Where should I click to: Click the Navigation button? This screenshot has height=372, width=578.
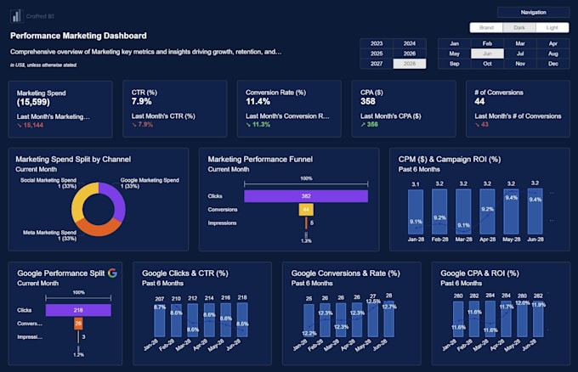(x=533, y=13)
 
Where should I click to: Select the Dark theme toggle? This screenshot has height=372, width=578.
(x=518, y=27)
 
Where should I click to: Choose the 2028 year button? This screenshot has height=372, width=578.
(x=410, y=64)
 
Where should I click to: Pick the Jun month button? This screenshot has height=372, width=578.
(x=486, y=54)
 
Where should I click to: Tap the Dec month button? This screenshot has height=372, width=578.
(x=553, y=64)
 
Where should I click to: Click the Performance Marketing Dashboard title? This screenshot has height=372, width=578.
(x=78, y=36)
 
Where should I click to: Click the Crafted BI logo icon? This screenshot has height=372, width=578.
(x=16, y=15)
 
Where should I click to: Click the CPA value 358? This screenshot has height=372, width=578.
(x=367, y=101)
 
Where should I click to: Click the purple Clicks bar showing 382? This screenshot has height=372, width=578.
(x=305, y=196)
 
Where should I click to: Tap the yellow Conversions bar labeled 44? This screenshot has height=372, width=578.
(x=305, y=210)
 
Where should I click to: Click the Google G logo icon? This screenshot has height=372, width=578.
(x=112, y=273)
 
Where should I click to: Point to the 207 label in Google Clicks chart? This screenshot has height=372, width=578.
(x=159, y=298)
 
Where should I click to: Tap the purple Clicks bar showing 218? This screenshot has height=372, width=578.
(x=77, y=311)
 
